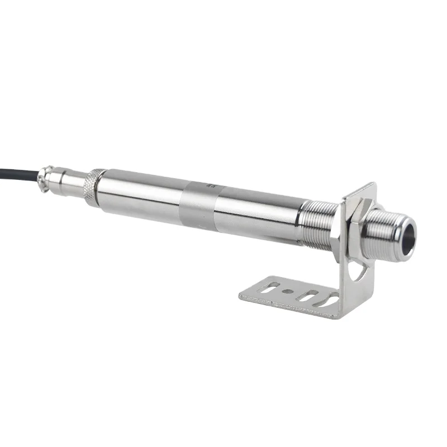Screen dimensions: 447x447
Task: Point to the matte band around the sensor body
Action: coord(199,205)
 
